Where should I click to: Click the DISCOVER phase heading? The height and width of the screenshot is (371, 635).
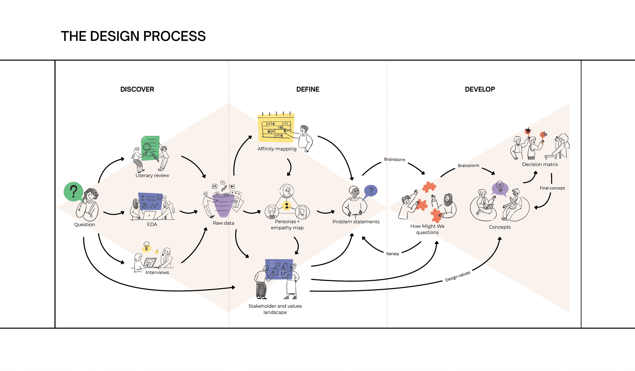point(137,89)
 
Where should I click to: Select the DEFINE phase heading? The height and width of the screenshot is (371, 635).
point(308,89)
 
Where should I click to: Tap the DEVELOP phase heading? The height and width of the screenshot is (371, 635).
point(480,89)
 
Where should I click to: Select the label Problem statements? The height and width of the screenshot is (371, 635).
point(356,222)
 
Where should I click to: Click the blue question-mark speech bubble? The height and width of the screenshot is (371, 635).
point(371,191)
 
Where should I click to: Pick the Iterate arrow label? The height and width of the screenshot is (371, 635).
point(392,254)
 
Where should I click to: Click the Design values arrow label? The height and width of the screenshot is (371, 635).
point(457,276)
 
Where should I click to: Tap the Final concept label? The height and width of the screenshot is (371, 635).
point(552,188)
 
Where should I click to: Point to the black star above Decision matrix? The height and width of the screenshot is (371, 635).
point(528,131)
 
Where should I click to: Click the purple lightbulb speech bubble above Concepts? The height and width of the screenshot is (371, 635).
point(500,188)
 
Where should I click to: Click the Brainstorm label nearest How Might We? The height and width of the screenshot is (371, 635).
point(395,159)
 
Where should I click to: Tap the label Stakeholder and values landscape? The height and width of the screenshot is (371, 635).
point(275,309)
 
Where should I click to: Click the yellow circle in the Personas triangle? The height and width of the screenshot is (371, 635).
point(287,206)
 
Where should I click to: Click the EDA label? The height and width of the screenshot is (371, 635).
point(152,224)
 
